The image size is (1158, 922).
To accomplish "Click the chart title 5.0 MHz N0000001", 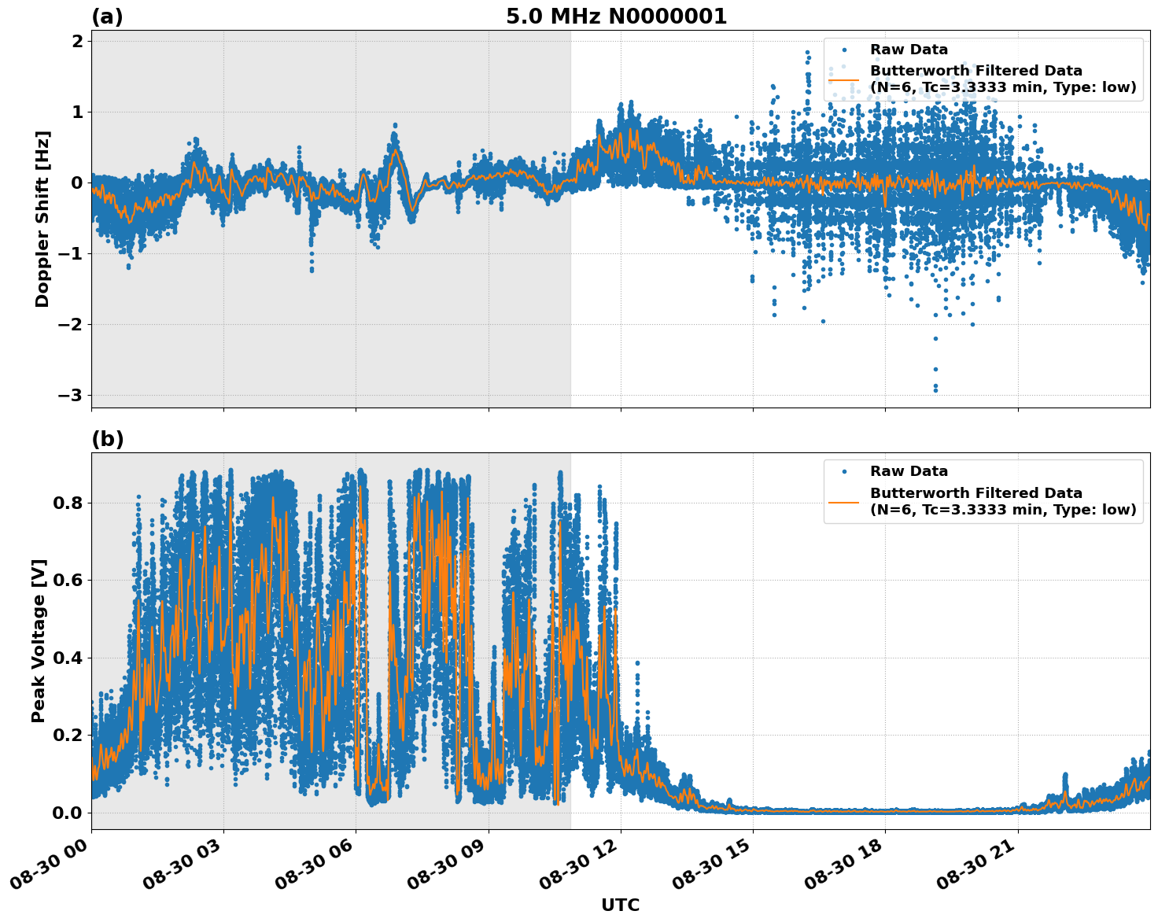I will pos(616,17).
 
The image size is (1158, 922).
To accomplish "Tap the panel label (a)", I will pos(107,17).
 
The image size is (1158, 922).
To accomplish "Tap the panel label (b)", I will pos(107,439).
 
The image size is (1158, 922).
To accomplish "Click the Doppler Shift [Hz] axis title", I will pos(42,219).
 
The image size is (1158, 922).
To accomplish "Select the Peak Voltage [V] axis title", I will pos(39,640).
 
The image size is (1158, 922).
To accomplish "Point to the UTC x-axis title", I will pos(620,905).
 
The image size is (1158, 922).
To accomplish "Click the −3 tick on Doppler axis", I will pos(71,395).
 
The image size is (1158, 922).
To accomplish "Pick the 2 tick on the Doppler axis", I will pos(77,41).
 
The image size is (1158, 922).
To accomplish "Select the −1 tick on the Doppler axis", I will pos(71,253).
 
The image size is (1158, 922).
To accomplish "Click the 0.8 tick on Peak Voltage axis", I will pos(68,503).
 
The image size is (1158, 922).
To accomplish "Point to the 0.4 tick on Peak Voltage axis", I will pos(68,658).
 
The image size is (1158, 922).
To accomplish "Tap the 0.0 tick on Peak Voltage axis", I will pos(68,813).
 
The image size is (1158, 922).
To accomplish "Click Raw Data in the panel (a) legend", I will pos(909,50).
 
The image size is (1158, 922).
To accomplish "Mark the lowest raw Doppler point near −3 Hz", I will pos(935,390).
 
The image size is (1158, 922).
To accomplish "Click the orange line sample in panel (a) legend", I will pos(843,79).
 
